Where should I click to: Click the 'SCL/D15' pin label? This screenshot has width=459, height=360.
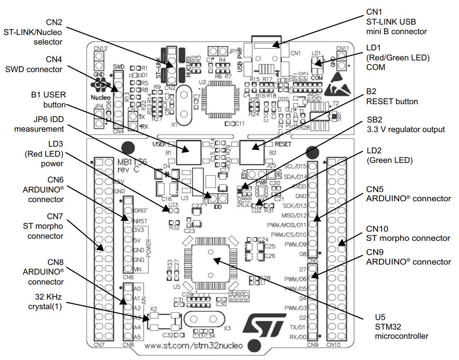(295, 166)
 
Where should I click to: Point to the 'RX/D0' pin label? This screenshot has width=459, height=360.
(298, 335)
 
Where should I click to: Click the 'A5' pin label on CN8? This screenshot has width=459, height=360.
(138, 337)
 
